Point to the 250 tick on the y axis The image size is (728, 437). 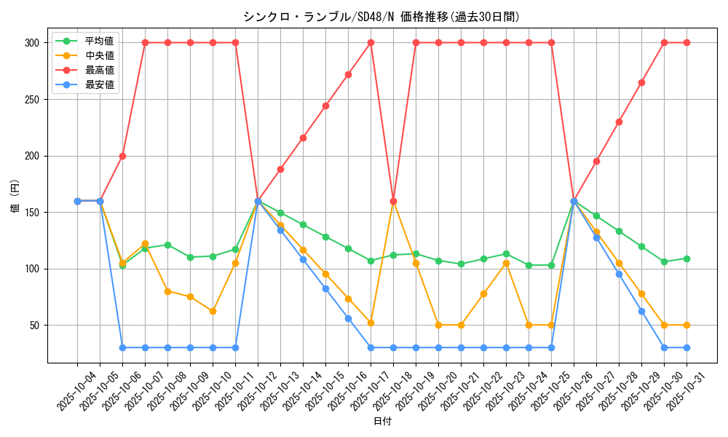coord(32,99)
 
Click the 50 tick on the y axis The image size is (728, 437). coord(35,325)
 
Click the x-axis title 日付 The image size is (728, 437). coord(381,422)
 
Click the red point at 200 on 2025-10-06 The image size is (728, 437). coord(122,156)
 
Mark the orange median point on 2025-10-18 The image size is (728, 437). coord(393,201)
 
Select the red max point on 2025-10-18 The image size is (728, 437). coord(393,201)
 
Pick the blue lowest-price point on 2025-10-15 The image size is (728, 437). coord(325,288)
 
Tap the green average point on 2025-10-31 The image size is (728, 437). coord(687,259)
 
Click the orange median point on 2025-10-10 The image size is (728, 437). coord(213,311)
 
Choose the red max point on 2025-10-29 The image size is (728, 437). coord(641,82)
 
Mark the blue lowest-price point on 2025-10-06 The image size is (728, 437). coord(122,347)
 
